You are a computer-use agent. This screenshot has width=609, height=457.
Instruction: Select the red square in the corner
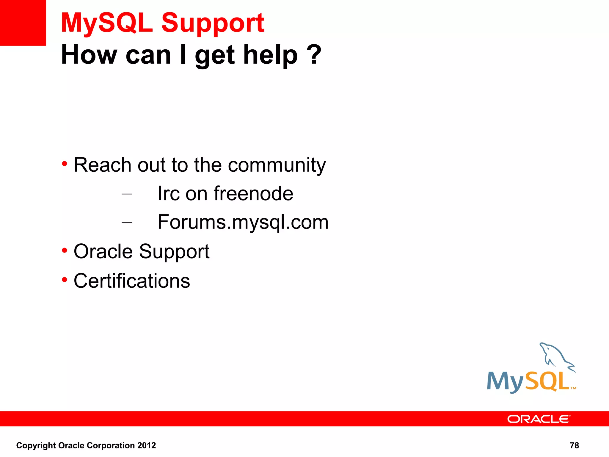[23, 23]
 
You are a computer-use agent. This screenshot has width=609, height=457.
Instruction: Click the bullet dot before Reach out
[65, 164]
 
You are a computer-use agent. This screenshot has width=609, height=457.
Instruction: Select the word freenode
[253, 194]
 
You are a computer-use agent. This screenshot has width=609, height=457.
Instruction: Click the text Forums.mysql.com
[243, 222]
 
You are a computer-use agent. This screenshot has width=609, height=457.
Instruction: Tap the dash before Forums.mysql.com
[127, 223]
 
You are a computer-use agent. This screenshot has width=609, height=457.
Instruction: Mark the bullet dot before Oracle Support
[65, 251]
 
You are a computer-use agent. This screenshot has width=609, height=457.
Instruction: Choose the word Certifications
[132, 281]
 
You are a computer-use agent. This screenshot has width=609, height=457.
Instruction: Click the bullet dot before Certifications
[65, 280]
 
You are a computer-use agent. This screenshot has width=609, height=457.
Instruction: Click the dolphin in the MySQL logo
[555, 356]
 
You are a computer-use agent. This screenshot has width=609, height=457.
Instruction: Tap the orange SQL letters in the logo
[547, 381]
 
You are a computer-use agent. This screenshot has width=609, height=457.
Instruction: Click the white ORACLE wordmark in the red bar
[539, 419]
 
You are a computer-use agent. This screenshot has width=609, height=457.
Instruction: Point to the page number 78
[574, 445]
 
